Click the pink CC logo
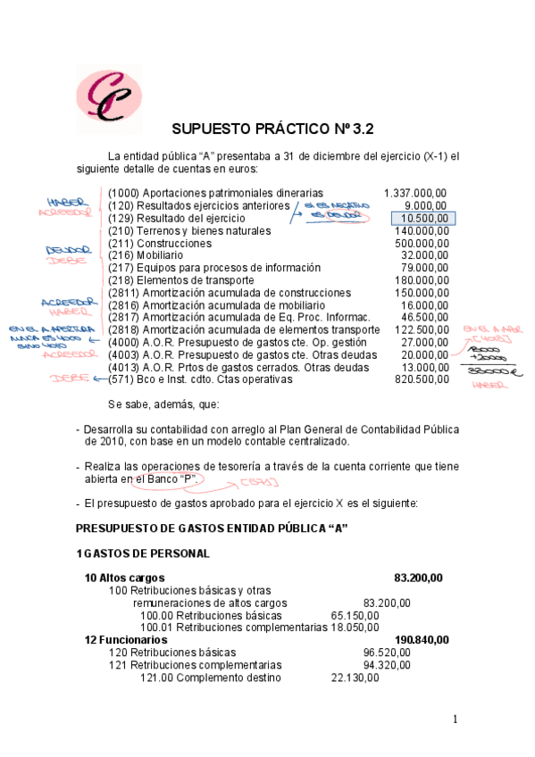tap(108, 94)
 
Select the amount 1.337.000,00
tap(415, 193)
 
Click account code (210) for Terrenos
tap(121, 231)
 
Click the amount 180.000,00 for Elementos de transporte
tap(421, 280)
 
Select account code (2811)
tap(123, 293)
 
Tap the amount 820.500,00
tap(421, 379)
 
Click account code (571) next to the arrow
tap(121, 379)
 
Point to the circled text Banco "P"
tap(170, 479)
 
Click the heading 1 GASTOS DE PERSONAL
tap(143, 553)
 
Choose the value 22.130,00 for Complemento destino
tap(355, 678)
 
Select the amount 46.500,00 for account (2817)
tap(423, 318)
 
